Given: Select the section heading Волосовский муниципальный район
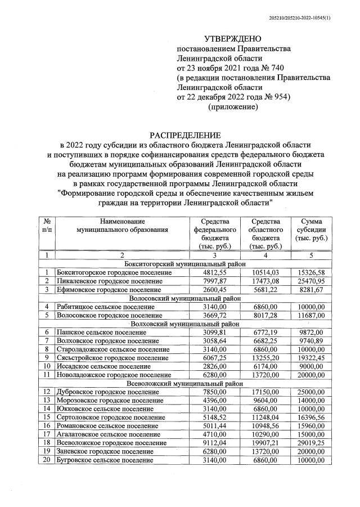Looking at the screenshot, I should (x=185, y=298).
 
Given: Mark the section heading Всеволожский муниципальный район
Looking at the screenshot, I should (x=185, y=383).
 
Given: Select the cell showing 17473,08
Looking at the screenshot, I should (x=262, y=281).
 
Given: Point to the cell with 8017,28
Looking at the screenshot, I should (x=262, y=315).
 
